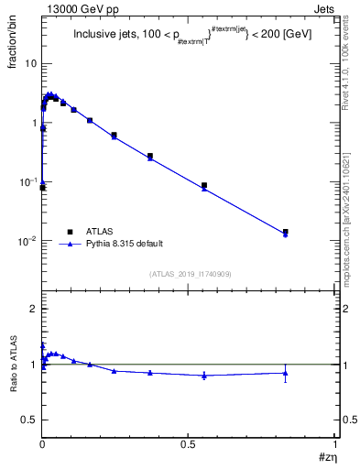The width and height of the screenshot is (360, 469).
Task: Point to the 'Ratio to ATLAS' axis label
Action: tap(12, 365)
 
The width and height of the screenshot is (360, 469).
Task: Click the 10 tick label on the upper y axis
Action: tap(30, 63)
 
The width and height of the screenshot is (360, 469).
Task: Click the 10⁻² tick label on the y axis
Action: tap(27, 241)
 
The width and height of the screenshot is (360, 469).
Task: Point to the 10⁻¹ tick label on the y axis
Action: tap(27, 181)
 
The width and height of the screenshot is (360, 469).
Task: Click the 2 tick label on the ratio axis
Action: tap(33, 310)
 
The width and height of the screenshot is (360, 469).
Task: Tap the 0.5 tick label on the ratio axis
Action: tap(29, 420)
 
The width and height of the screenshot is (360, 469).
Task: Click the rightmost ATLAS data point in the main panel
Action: tap(286, 232)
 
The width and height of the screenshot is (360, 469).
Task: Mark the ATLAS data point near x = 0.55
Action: tap(204, 185)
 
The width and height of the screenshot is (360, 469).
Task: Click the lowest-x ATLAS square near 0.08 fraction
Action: tap(42, 188)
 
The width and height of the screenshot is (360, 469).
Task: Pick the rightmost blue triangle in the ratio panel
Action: tap(286, 372)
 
